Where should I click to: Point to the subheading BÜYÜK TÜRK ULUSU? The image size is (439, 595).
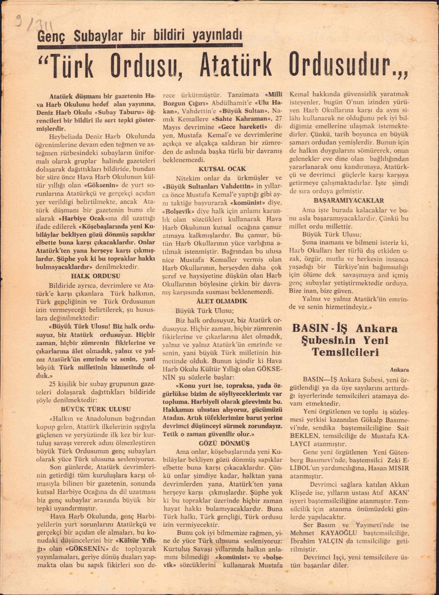click(x=96, y=409)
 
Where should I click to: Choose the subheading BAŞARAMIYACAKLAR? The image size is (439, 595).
click(x=349, y=201)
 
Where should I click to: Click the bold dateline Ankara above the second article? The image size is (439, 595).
click(x=399, y=369)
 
